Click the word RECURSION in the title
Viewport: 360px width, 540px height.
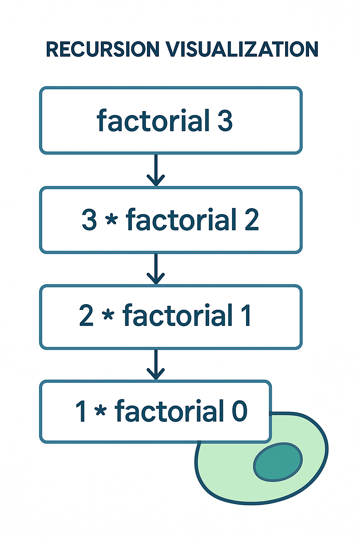[x=103, y=49]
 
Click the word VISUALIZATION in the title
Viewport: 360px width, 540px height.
[x=242, y=49]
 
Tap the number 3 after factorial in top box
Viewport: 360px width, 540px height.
[x=225, y=121]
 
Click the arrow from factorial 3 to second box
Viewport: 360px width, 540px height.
[x=156, y=170]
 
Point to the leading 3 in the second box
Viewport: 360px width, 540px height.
[x=89, y=220]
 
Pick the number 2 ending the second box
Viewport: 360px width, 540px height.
[x=252, y=220]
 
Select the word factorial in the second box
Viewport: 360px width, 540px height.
[x=181, y=219]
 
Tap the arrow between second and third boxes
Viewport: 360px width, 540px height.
[x=156, y=269]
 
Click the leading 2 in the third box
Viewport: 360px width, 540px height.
[x=86, y=316]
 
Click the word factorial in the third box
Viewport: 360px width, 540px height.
[x=178, y=315]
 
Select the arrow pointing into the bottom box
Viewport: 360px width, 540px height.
[x=156, y=365]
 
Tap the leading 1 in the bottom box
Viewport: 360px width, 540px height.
[x=82, y=411]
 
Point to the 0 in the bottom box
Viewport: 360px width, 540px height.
[x=240, y=411]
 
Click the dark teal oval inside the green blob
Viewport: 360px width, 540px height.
[x=278, y=462]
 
